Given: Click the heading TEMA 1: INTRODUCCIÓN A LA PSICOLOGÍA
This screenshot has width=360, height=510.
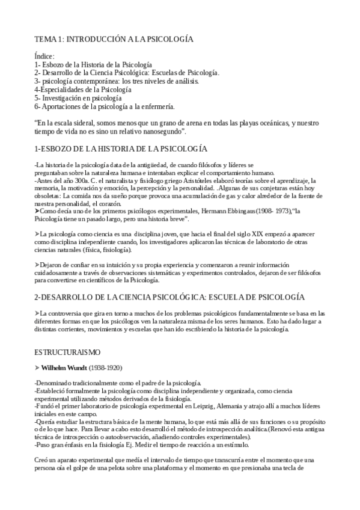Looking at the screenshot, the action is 114,39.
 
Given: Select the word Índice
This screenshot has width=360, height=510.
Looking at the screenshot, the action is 45,56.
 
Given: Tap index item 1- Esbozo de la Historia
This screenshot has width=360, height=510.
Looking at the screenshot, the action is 93,64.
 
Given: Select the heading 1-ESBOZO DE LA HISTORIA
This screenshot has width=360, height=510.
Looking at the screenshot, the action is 121,148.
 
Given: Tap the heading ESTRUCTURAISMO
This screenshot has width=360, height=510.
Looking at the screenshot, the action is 67,351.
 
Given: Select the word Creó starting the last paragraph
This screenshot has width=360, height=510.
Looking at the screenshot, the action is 43,460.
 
